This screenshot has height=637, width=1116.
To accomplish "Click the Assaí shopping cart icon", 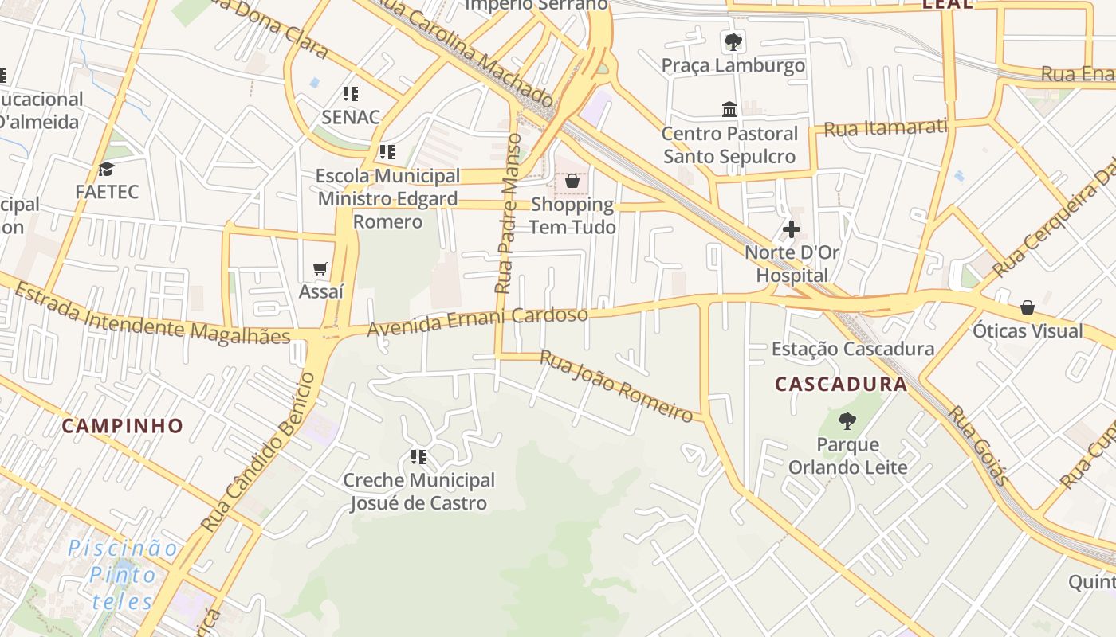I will [x=320, y=269].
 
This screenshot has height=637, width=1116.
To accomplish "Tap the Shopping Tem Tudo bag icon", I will [x=572, y=182].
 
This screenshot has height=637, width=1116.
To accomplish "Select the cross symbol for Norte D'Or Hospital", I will [x=791, y=230].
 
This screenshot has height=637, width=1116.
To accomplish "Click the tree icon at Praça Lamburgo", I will [x=733, y=42].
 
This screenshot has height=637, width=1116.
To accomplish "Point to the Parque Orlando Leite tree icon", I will [x=847, y=421].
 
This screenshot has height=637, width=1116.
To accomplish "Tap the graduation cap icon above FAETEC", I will [x=106, y=169].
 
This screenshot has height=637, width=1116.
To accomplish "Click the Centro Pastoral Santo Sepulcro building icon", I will [x=729, y=109].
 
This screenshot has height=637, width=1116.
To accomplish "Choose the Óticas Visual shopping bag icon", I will [x=1028, y=307].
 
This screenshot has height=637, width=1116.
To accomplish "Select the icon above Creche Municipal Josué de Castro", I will [x=418, y=457].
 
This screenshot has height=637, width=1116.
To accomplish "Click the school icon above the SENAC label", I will [x=351, y=94].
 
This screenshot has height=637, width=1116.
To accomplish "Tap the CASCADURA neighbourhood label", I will [x=841, y=385].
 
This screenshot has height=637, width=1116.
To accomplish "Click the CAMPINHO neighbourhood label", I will [x=123, y=426].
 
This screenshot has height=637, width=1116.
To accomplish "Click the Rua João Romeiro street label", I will [x=616, y=385].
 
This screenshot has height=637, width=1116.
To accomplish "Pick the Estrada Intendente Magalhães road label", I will [x=151, y=313].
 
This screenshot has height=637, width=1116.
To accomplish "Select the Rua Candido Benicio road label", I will [x=258, y=452].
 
